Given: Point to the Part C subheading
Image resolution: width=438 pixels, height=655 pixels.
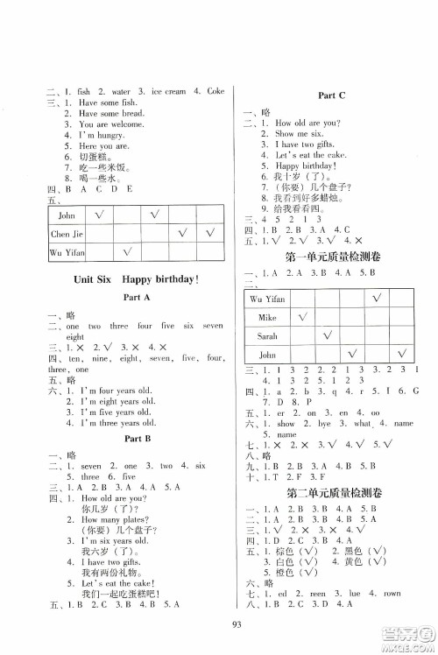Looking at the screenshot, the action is tap(325, 94).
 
